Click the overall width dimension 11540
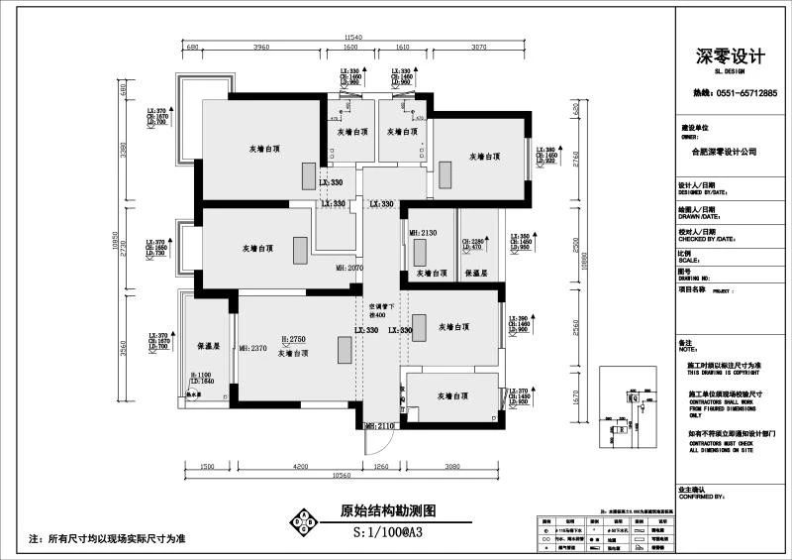point(354,39)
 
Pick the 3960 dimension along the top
point(261,48)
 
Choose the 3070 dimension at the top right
point(479,48)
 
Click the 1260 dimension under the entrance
point(380,466)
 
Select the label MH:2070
point(349,268)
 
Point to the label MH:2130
point(423,233)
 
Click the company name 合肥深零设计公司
point(719,153)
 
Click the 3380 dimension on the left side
point(124,151)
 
